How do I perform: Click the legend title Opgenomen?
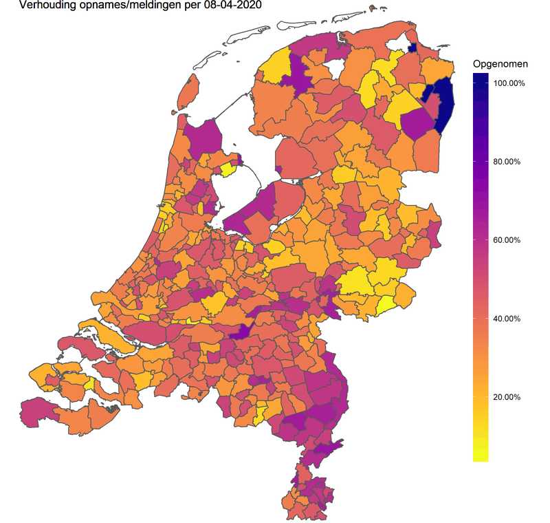pyautogui.click(x=500, y=64)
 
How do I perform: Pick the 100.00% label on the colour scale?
pyautogui.click(x=509, y=83)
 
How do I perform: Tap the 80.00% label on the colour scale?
pyautogui.click(x=509, y=162)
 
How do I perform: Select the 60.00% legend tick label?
pyautogui.click(x=509, y=240)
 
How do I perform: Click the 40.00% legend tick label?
pyautogui.click(x=509, y=319)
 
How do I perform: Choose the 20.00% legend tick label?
pyautogui.click(x=509, y=397)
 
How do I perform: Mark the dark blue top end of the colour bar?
pyautogui.click(x=481, y=79)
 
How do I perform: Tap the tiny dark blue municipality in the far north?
pyautogui.click(x=413, y=47)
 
